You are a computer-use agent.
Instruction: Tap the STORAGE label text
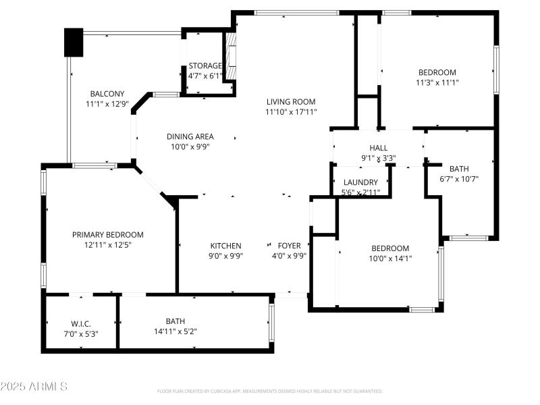click(205, 65)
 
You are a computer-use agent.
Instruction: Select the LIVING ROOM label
click(291, 102)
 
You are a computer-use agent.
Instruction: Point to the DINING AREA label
click(190, 136)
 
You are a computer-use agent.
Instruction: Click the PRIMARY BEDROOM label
click(108, 235)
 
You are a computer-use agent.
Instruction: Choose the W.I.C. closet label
click(81, 323)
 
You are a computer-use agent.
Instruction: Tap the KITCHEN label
click(225, 246)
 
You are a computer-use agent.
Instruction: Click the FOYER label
click(289, 246)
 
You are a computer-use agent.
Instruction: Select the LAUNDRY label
click(360, 182)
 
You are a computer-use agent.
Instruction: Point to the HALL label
click(378, 148)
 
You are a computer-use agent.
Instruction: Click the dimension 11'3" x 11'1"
click(437, 82)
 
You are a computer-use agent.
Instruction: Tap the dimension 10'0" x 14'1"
click(390, 258)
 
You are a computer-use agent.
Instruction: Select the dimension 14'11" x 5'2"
click(175, 331)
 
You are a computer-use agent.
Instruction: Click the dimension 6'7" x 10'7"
click(459, 179)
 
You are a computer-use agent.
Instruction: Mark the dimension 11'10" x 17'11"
click(291, 112)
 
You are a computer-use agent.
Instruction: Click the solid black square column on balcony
click(73, 43)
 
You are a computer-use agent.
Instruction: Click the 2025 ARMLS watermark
click(34, 387)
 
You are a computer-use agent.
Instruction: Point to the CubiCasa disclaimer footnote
click(269, 391)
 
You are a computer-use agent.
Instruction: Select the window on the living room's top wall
click(296, 12)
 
